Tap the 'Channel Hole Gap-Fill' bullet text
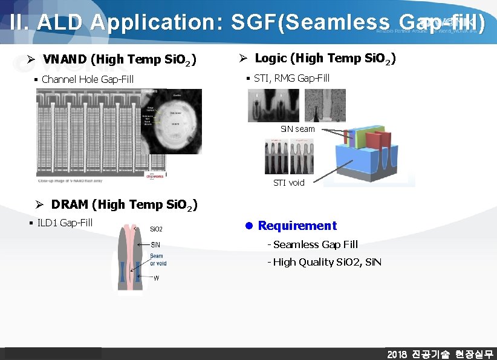click(x=88, y=79)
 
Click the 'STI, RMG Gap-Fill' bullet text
click(x=291, y=78)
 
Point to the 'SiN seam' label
click(x=297, y=129)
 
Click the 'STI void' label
click(x=289, y=182)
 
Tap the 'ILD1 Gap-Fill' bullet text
click(x=65, y=223)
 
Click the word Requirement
click(x=297, y=226)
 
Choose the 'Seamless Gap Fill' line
click(x=315, y=244)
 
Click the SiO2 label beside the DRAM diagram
click(x=156, y=229)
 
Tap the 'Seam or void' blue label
click(x=158, y=260)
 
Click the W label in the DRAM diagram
click(x=157, y=278)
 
